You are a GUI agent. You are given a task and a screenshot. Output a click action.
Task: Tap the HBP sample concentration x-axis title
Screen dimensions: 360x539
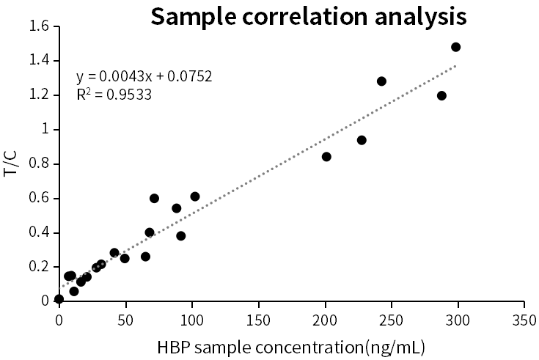[x=291, y=345]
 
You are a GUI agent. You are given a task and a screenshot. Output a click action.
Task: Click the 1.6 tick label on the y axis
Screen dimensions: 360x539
[x=39, y=26]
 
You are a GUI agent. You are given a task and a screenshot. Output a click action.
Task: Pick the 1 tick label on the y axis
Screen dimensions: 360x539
[x=45, y=129]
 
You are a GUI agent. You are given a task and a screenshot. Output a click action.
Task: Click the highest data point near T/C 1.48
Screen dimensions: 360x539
[x=455, y=47]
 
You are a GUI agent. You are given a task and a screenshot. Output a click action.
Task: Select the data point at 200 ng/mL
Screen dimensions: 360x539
[x=326, y=156]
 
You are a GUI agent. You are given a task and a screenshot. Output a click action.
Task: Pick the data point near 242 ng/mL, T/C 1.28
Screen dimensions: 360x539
[x=381, y=81]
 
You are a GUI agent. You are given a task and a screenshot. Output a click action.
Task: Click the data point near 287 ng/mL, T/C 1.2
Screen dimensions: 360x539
[x=441, y=95]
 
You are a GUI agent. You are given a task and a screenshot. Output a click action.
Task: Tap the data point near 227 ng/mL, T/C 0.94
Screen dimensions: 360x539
[x=362, y=140]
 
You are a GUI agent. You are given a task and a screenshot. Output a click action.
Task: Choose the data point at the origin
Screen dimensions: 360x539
[x=59, y=299]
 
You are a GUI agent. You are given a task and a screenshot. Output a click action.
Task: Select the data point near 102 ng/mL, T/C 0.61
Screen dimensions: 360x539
[x=195, y=196]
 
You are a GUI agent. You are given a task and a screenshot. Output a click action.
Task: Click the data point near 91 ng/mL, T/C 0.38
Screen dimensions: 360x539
[x=180, y=236]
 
